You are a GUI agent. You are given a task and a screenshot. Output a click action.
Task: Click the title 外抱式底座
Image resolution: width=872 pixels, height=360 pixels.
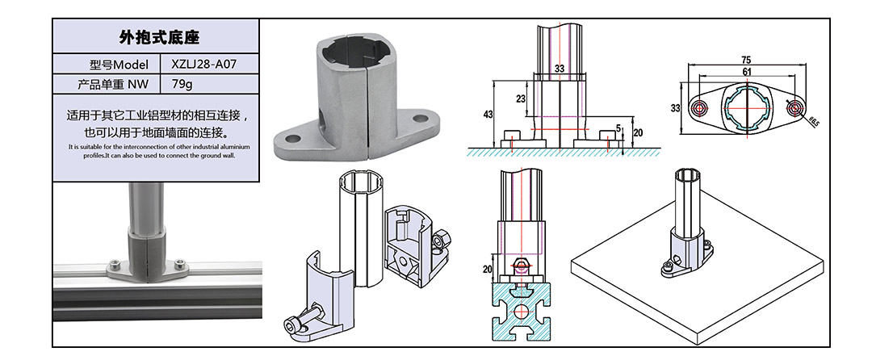click(159, 38)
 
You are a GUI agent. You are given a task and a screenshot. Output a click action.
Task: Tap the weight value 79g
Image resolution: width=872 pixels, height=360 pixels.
click(184, 83)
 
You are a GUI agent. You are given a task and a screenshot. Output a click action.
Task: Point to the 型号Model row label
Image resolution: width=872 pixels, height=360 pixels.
click(119, 64)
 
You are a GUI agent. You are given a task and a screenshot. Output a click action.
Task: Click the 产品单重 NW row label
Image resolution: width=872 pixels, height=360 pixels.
click(113, 83)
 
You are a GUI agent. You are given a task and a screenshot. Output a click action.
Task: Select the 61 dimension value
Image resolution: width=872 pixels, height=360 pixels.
click(746, 73)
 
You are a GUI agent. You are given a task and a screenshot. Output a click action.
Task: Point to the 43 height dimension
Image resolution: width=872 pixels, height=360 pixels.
click(488, 115)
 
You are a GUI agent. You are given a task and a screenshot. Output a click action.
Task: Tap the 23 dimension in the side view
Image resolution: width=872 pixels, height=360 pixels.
click(521, 98)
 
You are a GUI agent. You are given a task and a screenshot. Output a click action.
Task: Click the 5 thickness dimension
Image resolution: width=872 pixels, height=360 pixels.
click(618, 128)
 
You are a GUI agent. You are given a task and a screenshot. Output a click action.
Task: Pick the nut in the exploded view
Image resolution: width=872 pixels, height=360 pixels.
click(442, 241)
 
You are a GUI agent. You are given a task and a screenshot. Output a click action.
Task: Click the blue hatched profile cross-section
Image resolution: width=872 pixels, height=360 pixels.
click(521, 310)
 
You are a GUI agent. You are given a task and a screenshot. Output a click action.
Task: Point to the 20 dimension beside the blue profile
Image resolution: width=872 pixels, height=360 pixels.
click(487, 269)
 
